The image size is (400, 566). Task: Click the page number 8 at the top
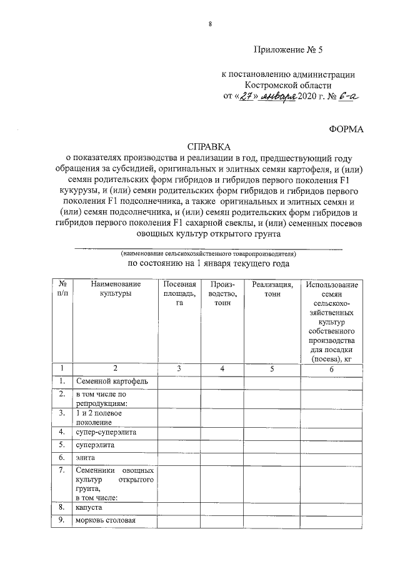(210, 24)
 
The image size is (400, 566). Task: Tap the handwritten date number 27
(245, 96)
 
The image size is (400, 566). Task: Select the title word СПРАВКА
(209, 144)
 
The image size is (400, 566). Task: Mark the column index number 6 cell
(332, 369)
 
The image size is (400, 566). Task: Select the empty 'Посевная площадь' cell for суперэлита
(179, 445)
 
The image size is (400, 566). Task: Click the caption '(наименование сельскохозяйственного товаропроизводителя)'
(209, 255)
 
